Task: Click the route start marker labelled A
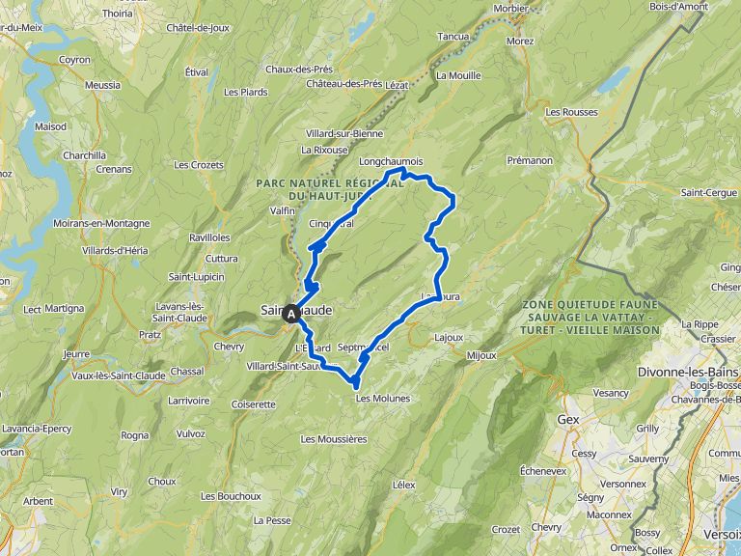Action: [291, 313]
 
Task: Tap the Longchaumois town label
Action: [391, 161]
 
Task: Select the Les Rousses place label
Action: [571, 112]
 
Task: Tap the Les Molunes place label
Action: [383, 398]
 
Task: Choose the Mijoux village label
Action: [480, 355]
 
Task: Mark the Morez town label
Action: [520, 42]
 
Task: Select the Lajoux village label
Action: [449, 338]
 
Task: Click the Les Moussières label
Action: [334, 438]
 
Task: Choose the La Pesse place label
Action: [271, 519]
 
